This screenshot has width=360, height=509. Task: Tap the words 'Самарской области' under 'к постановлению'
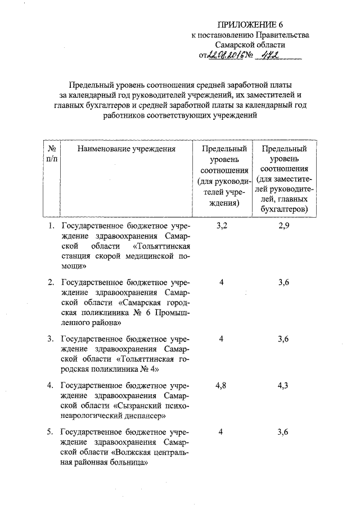[x=250, y=44]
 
